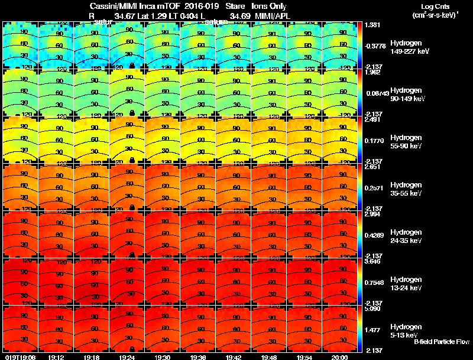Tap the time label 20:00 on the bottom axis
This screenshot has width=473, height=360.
click(x=339, y=356)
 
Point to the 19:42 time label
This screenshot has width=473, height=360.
click(x=233, y=356)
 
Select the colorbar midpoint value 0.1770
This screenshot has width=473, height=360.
click(x=372, y=141)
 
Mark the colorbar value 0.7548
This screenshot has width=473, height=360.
click(x=372, y=282)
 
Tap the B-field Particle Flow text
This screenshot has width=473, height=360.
click(x=442, y=342)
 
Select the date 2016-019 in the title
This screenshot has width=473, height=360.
click(x=192, y=6)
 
